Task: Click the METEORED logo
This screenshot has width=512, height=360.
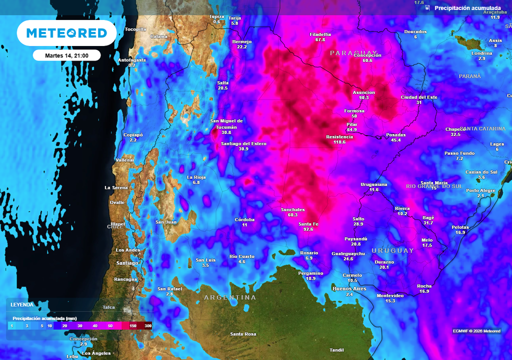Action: tap(66, 33)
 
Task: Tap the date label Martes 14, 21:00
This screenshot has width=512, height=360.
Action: tap(66, 55)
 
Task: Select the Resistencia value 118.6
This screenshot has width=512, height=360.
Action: tap(336, 142)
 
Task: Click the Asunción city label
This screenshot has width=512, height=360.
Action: tap(363, 92)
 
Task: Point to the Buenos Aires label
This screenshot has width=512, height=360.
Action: tap(349, 289)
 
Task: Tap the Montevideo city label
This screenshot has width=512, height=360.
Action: tap(390, 295)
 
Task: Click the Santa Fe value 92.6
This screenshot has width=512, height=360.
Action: tap(308, 229)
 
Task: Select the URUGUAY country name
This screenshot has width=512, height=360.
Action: tap(392, 250)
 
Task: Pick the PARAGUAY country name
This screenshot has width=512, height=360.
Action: tap(353, 52)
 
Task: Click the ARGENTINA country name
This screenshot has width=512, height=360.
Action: tap(230, 297)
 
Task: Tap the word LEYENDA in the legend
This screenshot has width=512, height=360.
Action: tap(22, 304)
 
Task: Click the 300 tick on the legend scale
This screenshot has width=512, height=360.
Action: tap(148, 325)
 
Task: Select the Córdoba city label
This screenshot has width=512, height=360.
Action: tap(244, 219)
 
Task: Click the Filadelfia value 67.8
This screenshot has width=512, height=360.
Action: tap(320, 39)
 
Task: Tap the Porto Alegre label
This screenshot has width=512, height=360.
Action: tap(481, 190)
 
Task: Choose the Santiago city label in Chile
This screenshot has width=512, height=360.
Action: tap(127, 263)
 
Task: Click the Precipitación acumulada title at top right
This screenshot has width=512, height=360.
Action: tap(467, 8)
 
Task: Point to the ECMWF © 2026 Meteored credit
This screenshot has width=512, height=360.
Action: tap(476, 331)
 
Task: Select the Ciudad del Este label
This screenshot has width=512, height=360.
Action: tap(419, 97)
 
